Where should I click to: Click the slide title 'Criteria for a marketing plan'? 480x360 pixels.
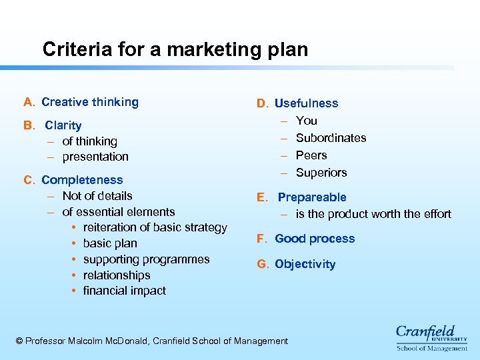(x=175, y=49)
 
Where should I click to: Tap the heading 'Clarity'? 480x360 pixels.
(x=63, y=125)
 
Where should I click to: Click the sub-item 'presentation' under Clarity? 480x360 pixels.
(x=95, y=157)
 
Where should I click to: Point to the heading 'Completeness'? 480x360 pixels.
(x=82, y=180)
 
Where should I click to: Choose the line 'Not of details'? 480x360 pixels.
(x=97, y=196)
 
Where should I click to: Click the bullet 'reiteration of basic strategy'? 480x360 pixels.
(x=155, y=227)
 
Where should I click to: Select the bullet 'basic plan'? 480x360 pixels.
(x=110, y=243)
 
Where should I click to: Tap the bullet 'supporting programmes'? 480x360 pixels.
(x=146, y=259)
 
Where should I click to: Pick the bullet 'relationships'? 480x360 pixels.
(x=117, y=275)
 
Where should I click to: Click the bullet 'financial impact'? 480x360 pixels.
(x=125, y=291)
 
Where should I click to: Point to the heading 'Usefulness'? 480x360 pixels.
(x=306, y=103)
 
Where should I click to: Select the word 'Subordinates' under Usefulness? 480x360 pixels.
(x=331, y=138)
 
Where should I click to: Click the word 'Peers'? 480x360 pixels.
(x=311, y=155)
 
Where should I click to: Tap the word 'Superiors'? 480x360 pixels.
(x=321, y=173)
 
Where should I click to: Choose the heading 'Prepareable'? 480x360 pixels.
(x=312, y=197)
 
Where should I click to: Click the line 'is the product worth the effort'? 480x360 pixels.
(x=373, y=214)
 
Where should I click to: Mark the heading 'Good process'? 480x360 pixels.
(x=315, y=239)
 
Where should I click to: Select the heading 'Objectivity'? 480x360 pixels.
(x=305, y=264)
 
